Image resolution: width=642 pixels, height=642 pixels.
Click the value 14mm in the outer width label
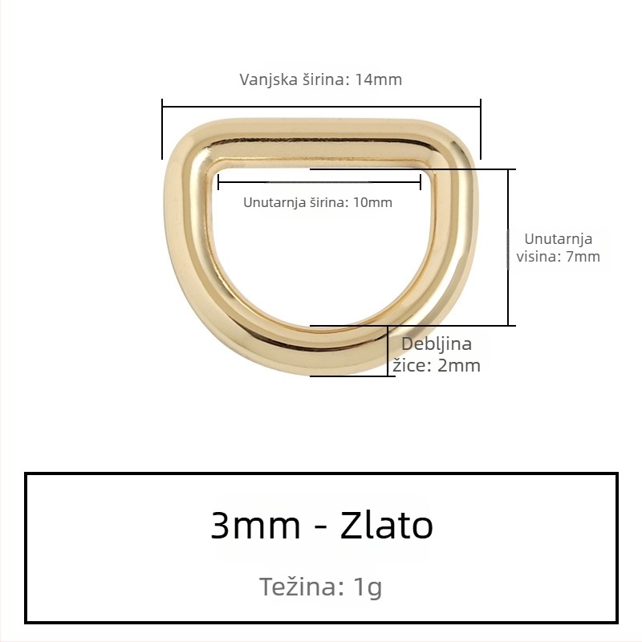pos(379,80)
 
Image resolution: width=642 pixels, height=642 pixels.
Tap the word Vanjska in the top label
pos(265,80)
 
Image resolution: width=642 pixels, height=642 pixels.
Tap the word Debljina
pos(436,344)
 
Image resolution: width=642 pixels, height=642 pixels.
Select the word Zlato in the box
pos(387,526)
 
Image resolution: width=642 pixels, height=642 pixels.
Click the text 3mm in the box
pos(255,526)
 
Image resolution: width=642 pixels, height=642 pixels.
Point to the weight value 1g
pos(368,587)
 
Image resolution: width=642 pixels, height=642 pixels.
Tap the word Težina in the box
pos(302,587)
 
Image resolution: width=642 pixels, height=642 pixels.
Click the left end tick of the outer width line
pos(163,128)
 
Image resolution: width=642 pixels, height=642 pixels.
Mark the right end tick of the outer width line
pos(480,128)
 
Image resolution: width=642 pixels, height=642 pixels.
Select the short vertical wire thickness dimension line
pos(388,351)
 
